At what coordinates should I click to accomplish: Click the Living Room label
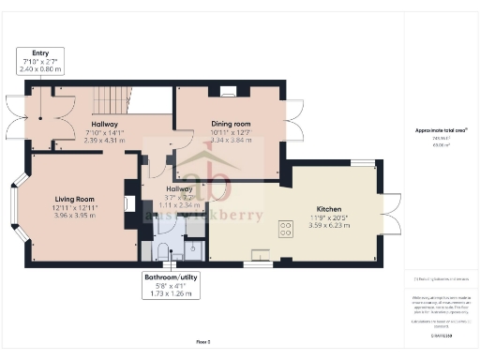(x=74, y=199)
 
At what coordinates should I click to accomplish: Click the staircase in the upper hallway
(x=111, y=102)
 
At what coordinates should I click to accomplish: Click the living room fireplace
(x=127, y=205)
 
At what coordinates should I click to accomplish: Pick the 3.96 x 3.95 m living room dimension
(x=74, y=216)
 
